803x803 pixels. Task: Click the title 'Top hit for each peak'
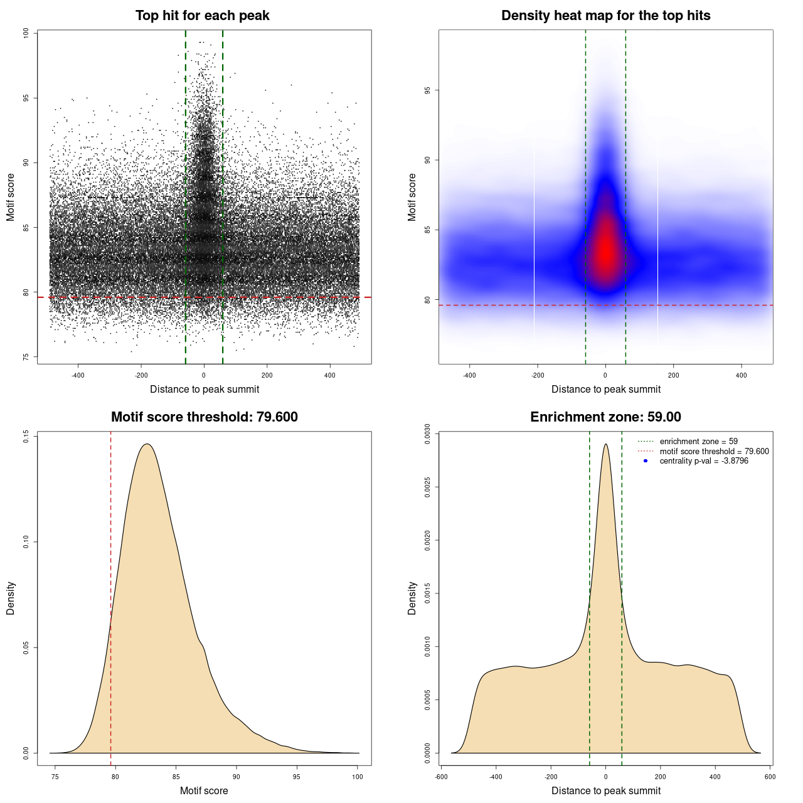coord(202,16)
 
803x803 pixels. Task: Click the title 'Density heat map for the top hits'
coord(605,16)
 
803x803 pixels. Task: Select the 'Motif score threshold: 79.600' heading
coord(204,417)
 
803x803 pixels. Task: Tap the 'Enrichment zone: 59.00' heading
coord(605,417)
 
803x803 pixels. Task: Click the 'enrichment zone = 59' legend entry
coord(698,442)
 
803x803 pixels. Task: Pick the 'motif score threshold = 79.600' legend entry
coord(714,451)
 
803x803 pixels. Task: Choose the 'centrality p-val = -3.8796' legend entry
coord(703,461)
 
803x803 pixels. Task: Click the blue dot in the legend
coord(646,461)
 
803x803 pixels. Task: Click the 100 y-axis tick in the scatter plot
coord(26,33)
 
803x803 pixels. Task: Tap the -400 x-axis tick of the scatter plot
coord(78,375)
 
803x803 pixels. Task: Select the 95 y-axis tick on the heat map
coord(427,90)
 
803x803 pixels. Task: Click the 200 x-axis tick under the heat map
coord(673,375)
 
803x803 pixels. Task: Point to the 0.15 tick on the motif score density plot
coord(26,436)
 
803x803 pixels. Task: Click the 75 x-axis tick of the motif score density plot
coord(55,777)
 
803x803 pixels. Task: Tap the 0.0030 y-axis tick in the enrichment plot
coord(427,433)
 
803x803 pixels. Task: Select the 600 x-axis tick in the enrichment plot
coord(770,777)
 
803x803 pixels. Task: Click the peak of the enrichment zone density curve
coord(605,444)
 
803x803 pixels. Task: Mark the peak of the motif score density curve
coord(147,444)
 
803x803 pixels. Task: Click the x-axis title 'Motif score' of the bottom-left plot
coord(204,790)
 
